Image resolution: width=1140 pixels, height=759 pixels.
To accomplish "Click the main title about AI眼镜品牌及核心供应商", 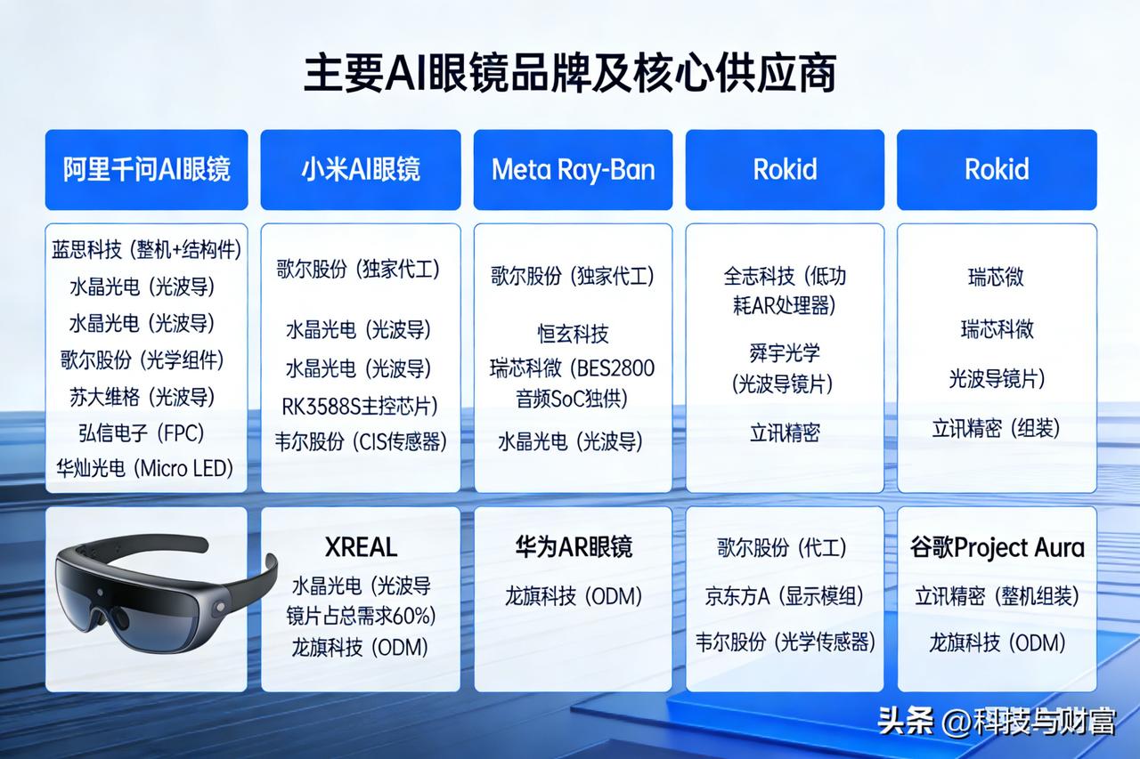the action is tap(570, 73).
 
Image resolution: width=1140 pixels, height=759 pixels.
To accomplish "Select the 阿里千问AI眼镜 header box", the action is tap(147, 169).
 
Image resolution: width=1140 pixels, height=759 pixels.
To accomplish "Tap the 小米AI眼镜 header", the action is tap(361, 169).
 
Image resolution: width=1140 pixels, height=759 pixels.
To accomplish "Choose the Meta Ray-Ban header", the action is tap(573, 169).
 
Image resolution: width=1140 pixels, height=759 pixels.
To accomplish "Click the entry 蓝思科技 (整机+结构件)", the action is tap(147, 250).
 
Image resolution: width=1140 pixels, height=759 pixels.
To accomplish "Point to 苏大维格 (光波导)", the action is tap(142, 397).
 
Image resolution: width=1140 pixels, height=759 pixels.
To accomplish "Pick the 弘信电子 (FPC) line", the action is tap(142, 433).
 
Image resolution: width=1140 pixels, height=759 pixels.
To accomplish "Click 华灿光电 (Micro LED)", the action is tap(144, 468).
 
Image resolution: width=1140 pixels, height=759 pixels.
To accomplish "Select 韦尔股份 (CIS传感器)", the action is tap(361, 441).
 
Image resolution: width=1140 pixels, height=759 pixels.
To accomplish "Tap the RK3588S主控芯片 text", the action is tap(360, 406).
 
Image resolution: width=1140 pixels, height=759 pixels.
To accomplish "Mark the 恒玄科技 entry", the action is tap(573, 334).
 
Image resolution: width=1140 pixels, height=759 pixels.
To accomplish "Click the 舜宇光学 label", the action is tap(785, 353).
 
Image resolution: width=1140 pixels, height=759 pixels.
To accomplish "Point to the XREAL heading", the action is tap(361, 547).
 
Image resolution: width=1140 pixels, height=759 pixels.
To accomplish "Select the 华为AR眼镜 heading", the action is tap(574, 547).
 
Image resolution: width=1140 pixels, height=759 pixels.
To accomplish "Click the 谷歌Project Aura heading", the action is tap(997, 548).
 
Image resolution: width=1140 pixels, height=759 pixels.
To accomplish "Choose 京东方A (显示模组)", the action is tap(785, 596).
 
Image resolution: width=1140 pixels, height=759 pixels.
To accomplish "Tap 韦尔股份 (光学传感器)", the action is tap(786, 642).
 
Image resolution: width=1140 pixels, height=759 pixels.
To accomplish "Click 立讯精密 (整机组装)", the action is tap(997, 596).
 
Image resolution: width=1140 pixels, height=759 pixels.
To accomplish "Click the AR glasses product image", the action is tap(166, 593).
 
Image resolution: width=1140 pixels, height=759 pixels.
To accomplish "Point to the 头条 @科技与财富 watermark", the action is tap(997, 721).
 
